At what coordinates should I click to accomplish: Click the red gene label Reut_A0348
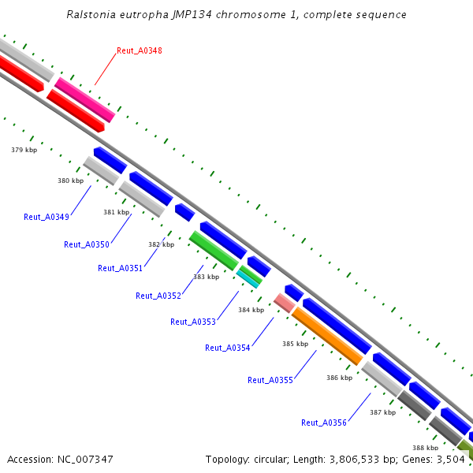tap(139, 50)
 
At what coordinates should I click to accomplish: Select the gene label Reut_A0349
tap(46, 217)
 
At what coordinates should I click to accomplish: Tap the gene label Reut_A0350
tap(86, 244)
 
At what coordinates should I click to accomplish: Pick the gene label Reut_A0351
tap(120, 268)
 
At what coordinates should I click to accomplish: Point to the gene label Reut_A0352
tap(158, 296)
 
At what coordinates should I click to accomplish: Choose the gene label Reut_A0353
tap(192, 321)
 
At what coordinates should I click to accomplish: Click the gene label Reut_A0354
tap(227, 348)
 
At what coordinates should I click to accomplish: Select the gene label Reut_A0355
tap(270, 380)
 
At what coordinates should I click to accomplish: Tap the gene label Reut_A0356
tap(323, 423)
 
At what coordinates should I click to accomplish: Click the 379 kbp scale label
tap(24, 150)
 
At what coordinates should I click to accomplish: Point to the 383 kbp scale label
tap(206, 277)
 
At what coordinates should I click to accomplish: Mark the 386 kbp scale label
tap(339, 378)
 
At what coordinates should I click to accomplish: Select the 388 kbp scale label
tap(424, 448)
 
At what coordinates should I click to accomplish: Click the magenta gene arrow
tap(84, 99)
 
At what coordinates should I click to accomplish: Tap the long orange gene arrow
tap(326, 336)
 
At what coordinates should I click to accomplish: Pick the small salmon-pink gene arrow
tap(284, 302)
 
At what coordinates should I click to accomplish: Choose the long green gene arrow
tap(214, 250)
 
